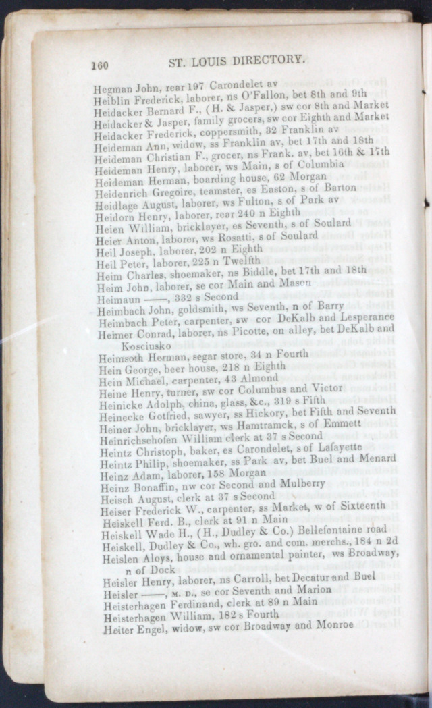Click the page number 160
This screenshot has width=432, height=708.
point(100,66)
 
